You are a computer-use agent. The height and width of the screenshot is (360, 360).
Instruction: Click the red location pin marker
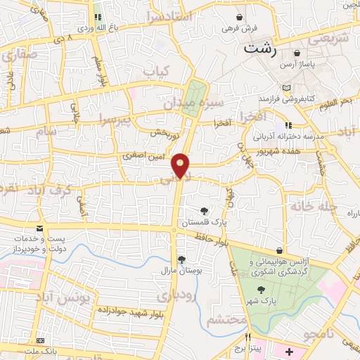pyautogui.click(x=181, y=165)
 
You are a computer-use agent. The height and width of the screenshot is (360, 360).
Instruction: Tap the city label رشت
pyautogui.click(x=260, y=50)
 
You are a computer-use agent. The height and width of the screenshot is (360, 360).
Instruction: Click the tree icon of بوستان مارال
pyautogui.click(x=181, y=259)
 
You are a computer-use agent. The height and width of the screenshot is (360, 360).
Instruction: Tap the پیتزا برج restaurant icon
pyautogui.click(x=247, y=337)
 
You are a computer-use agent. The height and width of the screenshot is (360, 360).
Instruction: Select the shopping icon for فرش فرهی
pyautogui.click(x=240, y=17)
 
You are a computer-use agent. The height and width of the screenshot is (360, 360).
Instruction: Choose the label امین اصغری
pyautogui.click(x=143, y=156)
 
